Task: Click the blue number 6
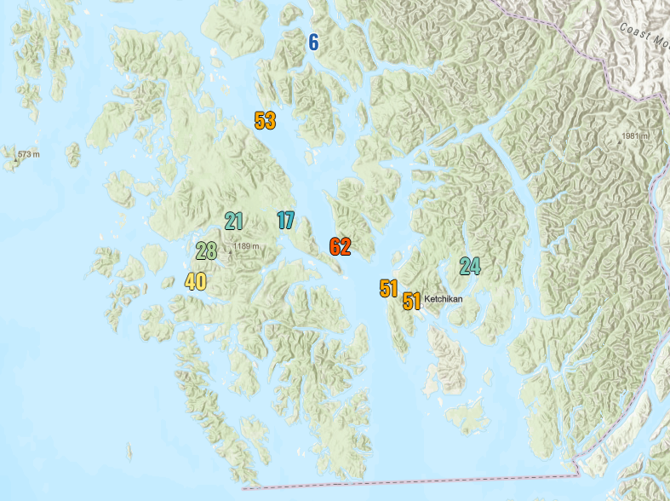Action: click(313, 42)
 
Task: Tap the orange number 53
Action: click(265, 120)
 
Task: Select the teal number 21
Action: click(234, 222)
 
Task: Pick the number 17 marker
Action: click(286, 221)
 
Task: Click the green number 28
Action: click(206, 250)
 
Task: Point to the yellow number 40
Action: click(196, 281)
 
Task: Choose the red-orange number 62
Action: click(340, 247)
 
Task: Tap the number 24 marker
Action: click(469, 266)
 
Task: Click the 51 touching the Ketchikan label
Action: click(412, 301)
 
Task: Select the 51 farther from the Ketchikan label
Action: click(389, 288)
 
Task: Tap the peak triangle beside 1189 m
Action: click(228, 247)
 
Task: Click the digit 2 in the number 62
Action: click(345, 247)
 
